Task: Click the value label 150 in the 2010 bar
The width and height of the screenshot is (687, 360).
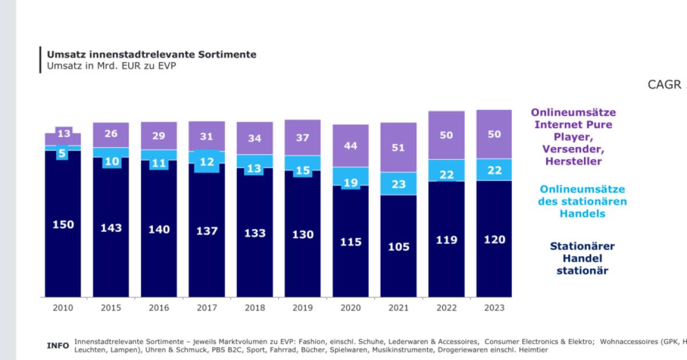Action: coord(63,224)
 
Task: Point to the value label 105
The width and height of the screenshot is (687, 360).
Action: coord(398,247)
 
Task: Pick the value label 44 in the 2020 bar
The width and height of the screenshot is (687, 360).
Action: coord(350,146)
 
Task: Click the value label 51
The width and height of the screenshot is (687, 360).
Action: coord(398,148)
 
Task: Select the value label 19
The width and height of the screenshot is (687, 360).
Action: coord(350,183)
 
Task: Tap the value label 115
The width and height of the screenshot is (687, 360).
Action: coord(350,242)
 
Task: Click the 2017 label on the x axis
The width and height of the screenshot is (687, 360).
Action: coord(207,308)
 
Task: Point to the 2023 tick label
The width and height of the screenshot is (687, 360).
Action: coord(494,308)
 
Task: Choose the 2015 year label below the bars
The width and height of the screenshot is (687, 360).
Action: coord(111,308)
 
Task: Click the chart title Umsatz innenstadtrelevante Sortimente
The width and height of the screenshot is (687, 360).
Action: coord(152,54)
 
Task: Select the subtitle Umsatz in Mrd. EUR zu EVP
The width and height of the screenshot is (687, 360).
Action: coord(111,66)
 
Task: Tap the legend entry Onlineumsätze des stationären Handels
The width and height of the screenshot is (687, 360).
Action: coord(582,201)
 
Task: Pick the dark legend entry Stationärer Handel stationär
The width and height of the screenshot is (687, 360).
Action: coord(582,258)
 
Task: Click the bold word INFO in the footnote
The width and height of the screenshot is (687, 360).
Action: coord(58,346)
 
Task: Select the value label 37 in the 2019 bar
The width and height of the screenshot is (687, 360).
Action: coord(302,137)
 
